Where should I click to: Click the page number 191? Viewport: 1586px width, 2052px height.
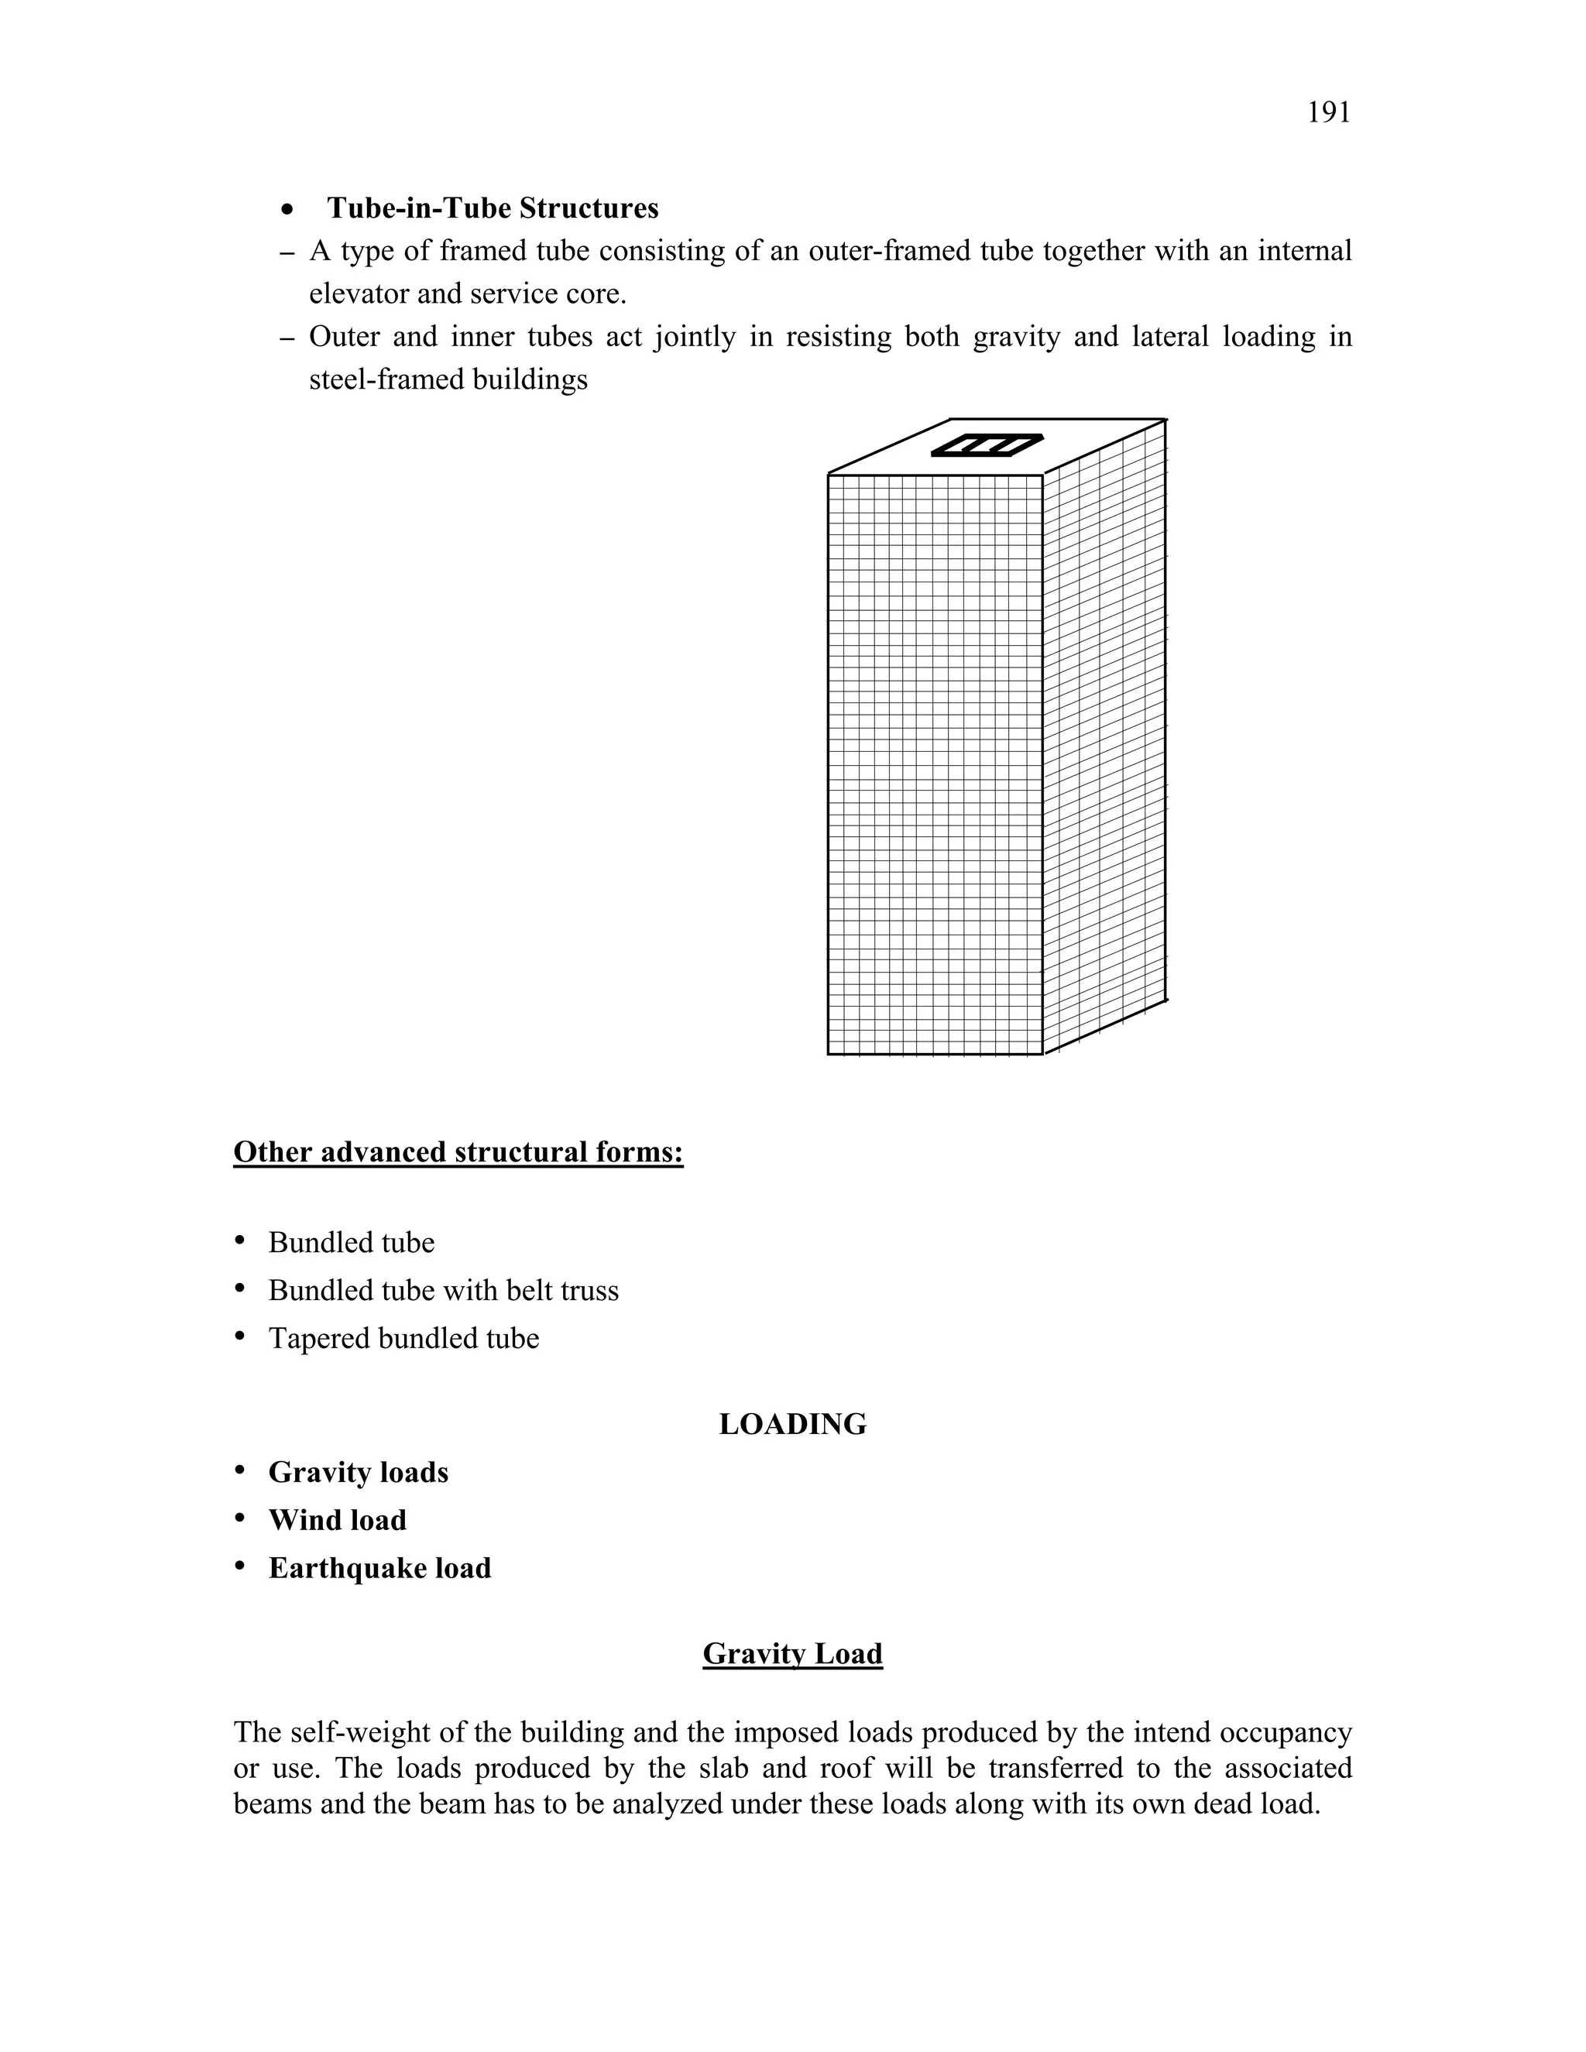[x=1329, y=113]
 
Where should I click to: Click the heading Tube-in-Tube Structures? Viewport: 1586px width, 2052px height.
[x=493, y=208]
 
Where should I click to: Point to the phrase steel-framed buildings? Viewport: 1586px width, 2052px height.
[x=448, y=379]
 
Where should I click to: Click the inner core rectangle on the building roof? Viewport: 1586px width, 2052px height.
[x=987, y=444]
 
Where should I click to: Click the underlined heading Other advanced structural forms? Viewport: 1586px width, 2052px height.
[x=458, y=1152]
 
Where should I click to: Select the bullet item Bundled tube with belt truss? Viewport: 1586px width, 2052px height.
[x=444, y=1291]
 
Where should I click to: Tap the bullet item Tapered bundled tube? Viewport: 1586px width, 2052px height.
[x=404, y=1339]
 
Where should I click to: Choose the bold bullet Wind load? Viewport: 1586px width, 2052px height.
[x=338, y=1520]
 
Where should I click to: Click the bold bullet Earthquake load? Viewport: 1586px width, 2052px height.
[x=379, y=1568]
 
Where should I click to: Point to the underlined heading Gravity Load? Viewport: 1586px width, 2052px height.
[x=792, y=1654]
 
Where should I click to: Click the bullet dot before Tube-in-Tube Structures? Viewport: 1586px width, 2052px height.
[x=290, y=210]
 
